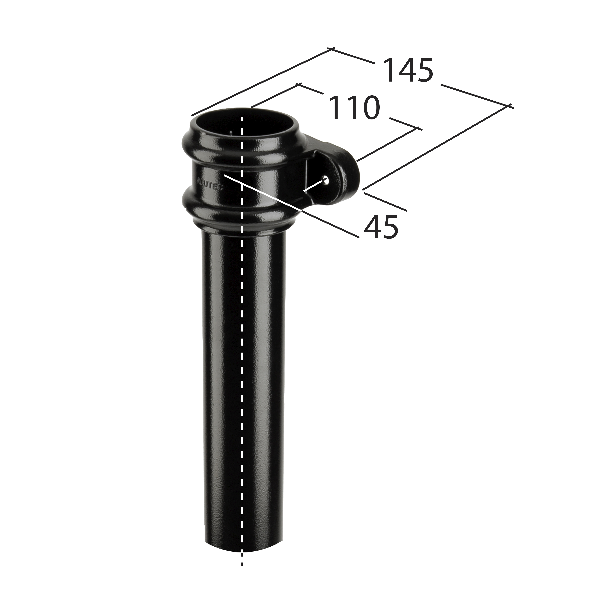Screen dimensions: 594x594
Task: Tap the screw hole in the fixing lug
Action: point(326,180)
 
